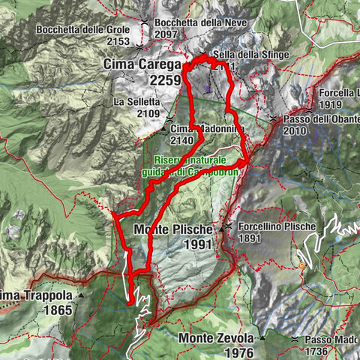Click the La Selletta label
click(x=136, y=101)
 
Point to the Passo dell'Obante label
click(x=317, y=119)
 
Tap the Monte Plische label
click(x=173, y=228)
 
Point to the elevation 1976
click(x=238, y=353)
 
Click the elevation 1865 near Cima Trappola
click(x=57, y=309)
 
